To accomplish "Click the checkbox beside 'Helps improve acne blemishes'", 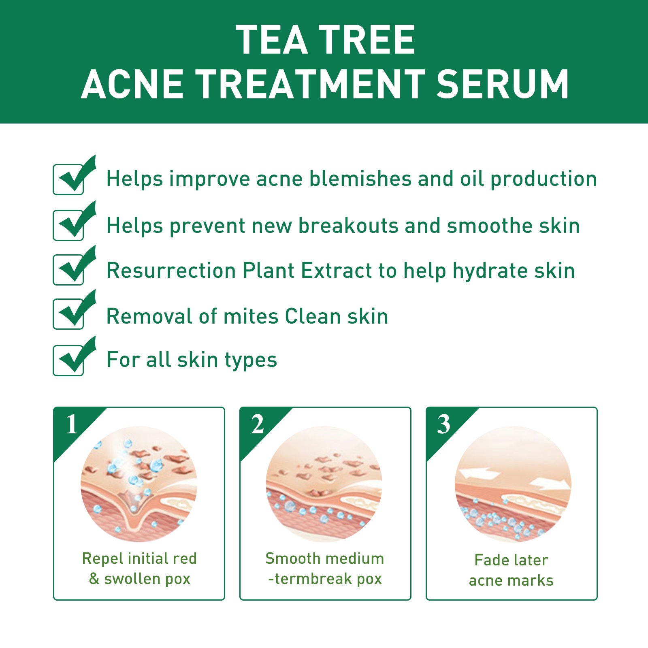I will pos(69,179).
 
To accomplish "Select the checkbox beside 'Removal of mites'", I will pos(69,314).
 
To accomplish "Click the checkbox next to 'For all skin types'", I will pos(69,360).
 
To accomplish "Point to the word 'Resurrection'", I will pos(171,271).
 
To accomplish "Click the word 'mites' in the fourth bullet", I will pos(251,316).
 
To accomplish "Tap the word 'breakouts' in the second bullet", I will pos(349,226).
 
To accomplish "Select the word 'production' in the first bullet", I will pos(544,179).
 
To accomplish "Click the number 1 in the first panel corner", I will pos(72,424).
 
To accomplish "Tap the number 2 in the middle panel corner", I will pos(258,424).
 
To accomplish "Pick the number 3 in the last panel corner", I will pos(444,424).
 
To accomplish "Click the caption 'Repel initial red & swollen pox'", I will pos(139,569).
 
